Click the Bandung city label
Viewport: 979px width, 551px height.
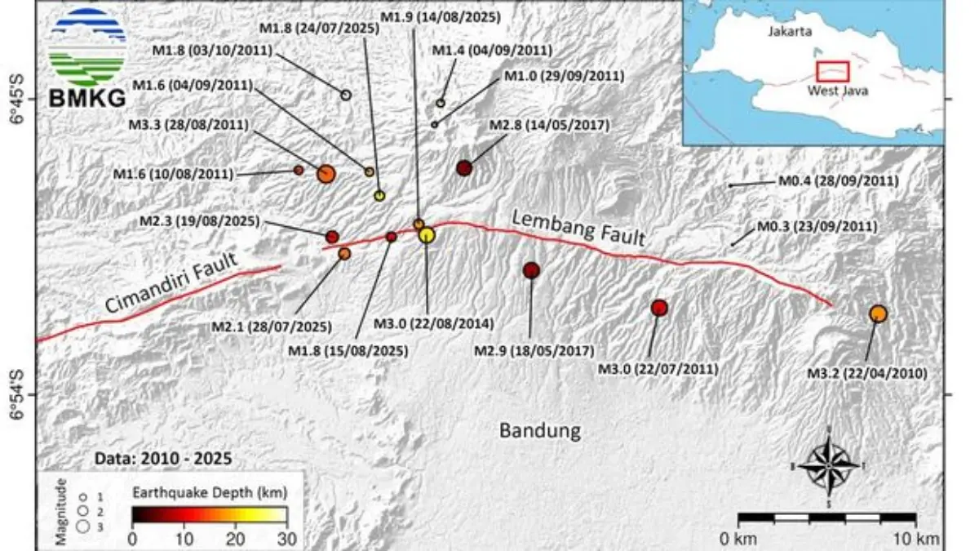pyautogui.click(x=540, y=430)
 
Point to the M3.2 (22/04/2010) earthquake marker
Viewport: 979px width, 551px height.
pyautogui.click(x=878, y=313)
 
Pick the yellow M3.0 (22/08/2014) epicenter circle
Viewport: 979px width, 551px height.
pyautogui.click(x=427, y=235)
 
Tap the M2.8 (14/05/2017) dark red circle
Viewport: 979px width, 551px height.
pyautogui.click(x=464, y=168)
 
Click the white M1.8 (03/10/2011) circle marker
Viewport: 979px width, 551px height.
pyautogui.click(x=346, y=95)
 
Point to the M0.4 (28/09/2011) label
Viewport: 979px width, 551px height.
pyautogui.click(x=827, y=180)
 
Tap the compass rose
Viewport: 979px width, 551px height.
pyautogui.click(x=829, y=464)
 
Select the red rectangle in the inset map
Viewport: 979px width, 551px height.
pyautogui.click(x=833, y=71)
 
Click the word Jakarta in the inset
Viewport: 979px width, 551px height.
pyautogui.click(x=789, y=33)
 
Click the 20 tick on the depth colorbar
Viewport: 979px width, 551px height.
pyautogui.click(x=235, y=538)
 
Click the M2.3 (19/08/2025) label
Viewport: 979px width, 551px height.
pyautogui.click(x=199, y=221)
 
